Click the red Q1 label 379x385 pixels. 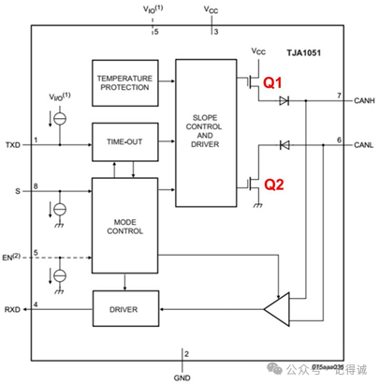(x=271, y=83)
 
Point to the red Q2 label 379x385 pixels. (x=272, y=185)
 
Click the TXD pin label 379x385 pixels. (x=12, y=145)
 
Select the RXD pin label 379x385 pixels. (x=12, y=308)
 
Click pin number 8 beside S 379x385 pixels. (x=36, y=187)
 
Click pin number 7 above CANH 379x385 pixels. (x=341, y=95)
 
